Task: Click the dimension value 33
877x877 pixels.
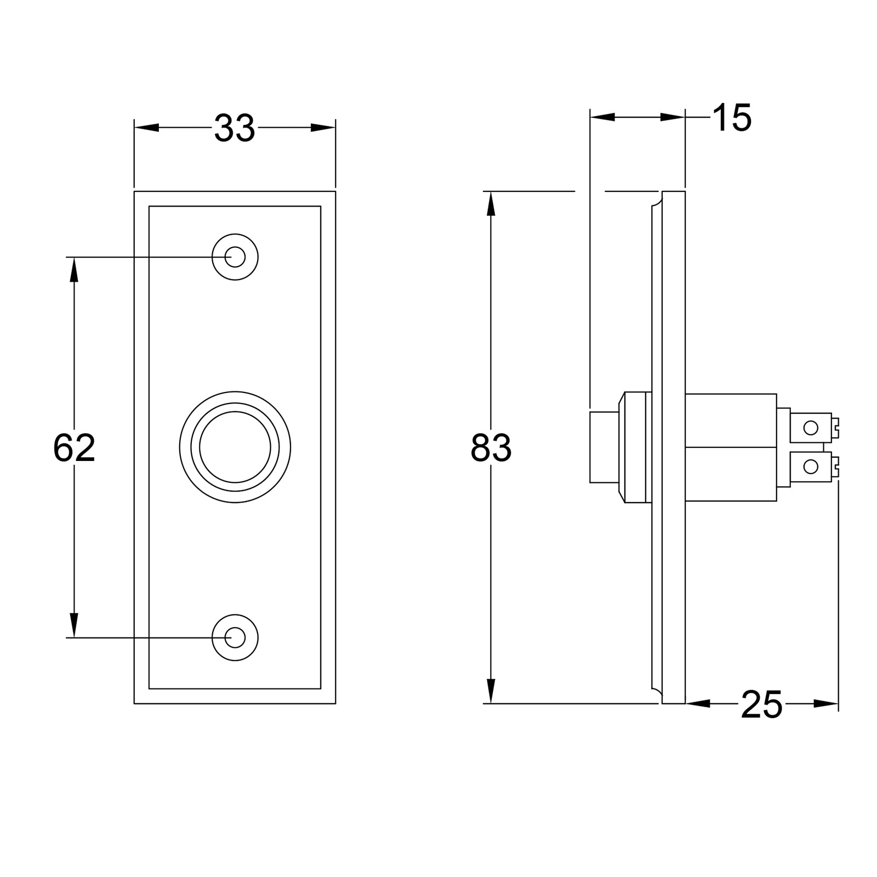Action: point(235,128)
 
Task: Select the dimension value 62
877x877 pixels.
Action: point(74,448)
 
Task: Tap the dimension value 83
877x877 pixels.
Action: point(491,448)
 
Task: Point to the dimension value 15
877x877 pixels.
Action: point(732,118)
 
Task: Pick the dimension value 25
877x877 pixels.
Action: point(761,705)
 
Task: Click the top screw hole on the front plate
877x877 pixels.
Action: point(235,257)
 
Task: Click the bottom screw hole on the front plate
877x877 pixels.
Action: point(235,637)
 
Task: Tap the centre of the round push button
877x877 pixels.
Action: point(235,447)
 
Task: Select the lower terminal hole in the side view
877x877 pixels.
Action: point(810,467)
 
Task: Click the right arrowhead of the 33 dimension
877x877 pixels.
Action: point(323,128)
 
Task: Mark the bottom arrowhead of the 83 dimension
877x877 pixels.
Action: point(491,692)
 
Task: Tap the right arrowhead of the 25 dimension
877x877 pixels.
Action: point(827,703)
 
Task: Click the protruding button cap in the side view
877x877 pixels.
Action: point(604,447)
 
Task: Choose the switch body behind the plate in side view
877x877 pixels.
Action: point(731,447)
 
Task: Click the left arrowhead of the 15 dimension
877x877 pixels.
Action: point(601,117)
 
